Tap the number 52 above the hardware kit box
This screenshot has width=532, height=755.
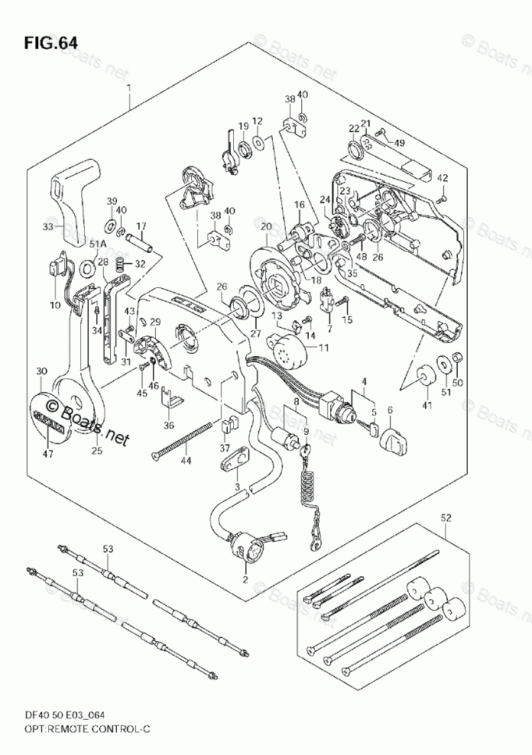click(446, 519)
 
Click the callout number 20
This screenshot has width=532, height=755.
click(265, 226)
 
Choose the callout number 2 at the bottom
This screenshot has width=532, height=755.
click(245, 579)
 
